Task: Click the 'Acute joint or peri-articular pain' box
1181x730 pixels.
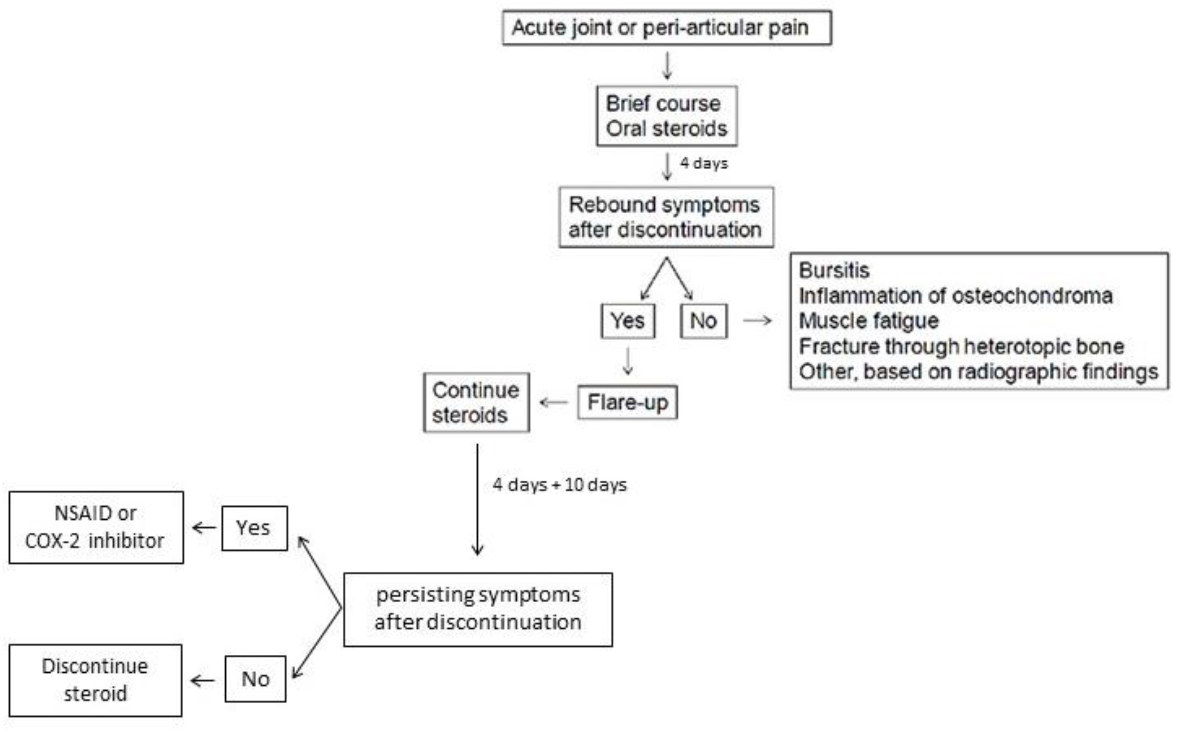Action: (666, 28)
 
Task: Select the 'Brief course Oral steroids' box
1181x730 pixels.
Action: (666, 116)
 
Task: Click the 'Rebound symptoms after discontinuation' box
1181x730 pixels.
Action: (666, 217)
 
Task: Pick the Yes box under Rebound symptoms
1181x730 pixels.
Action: (627, 321)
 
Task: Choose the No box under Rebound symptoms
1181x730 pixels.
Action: (703, 321)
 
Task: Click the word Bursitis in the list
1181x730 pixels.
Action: (834, 270)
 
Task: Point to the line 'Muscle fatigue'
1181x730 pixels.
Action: (869, 321)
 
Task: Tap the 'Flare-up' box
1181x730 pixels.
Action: (627, 402)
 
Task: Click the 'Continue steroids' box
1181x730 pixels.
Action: (476, 402)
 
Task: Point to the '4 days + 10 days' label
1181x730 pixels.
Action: (559, 485)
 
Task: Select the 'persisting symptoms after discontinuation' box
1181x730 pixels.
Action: (478, 609)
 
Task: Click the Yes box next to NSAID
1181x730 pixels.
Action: (254, 528)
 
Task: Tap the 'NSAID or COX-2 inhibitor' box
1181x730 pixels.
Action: (96, 527)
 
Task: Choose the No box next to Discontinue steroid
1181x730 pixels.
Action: (255, 679)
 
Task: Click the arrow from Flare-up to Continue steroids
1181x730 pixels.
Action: (554, 402)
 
